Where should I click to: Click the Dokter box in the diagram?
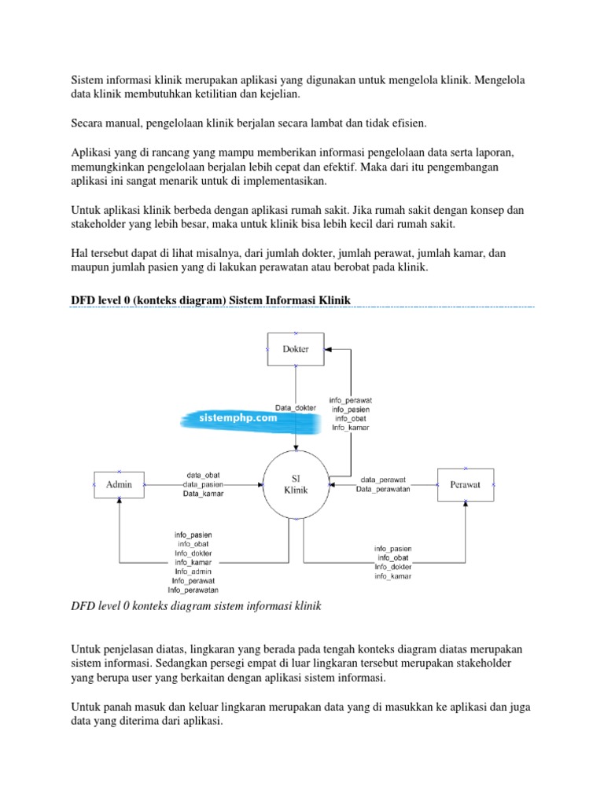coord(295,349)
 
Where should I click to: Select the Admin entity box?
coord(120,485)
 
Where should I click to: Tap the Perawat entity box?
coord(465,485)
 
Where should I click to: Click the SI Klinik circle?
coord(296,483)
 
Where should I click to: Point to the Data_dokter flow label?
coord(296,407)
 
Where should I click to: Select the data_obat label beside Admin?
coord(203,476)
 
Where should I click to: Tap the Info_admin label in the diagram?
coord(193,572)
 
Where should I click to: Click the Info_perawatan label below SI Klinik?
coord(193,590)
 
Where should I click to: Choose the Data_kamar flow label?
coord(202,494)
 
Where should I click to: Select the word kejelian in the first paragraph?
coord(278,94)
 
